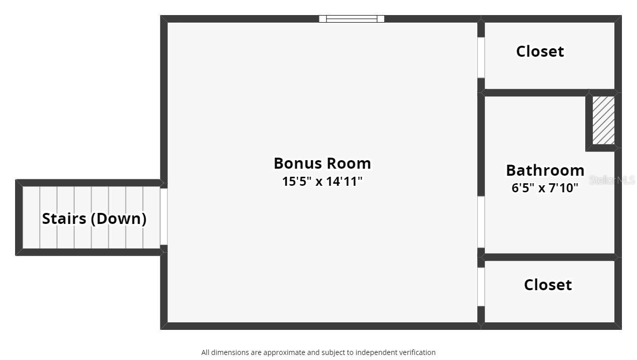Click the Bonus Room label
pyautogui.click(x=322, y=163)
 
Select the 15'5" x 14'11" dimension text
pyautogui.click(x=322, y=181)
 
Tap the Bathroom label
pyautogui.click(x=545, y=170)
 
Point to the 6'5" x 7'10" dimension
pyautogui.click(x=545, y=188)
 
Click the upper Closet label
pyautogui.click(x=540, y=51)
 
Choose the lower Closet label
pyautogui.click(x=548, y=285)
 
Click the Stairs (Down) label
pyautogui.click(x=94, y=218)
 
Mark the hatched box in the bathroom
pyautogui.click(x=603, y=120)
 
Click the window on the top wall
pyautogui.click(x=352, y=19)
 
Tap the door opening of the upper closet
pyautogui.click(x=481, y=57)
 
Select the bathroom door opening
pyautogui.click(x=481, y=222)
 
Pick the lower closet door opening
pyautogui.click(x=481, y=287)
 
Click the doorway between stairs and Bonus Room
pyautogui.click(x=163, y=216)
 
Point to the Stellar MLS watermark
pyautogui.click(x=612, y=180)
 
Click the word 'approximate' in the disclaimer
pyautogui.click(x=284, y=352)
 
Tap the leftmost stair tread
pyautogui.click(x=31, y=217)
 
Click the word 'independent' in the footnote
pyautogui.click(x=374, y=352)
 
